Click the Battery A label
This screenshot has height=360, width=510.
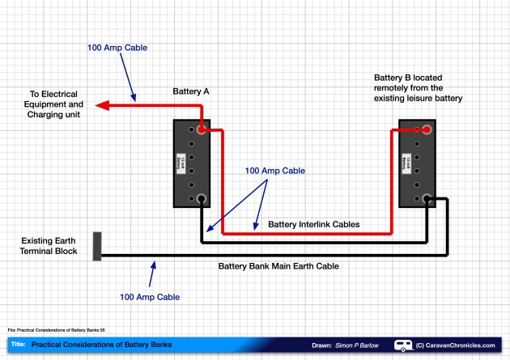[x=191, y=92]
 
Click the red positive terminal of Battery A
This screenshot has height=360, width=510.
[x=201, y=129]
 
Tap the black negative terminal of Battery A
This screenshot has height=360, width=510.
[x=201, y=198]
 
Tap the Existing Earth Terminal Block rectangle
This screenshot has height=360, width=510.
[x=97, y=246]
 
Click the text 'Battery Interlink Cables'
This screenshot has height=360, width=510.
[x=313, y=224]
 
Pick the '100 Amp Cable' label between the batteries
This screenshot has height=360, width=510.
[x=274, y=171]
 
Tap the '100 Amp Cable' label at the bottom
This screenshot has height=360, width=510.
[x=150, y=297]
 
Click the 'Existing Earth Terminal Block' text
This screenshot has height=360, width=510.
[x=49, y=246]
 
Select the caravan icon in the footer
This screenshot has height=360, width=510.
[x=403, y=345]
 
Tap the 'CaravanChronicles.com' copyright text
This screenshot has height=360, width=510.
[x=460, y=345]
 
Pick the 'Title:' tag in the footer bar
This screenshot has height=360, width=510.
[x=18, y=345]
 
